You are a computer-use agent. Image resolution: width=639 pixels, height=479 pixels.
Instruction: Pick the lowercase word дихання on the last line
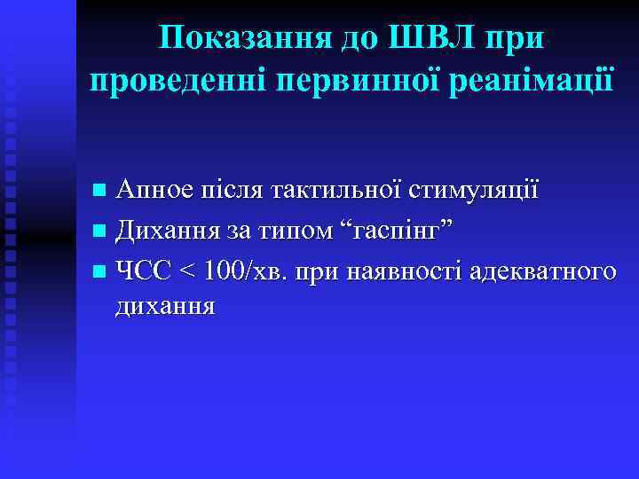click(165, 307)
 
